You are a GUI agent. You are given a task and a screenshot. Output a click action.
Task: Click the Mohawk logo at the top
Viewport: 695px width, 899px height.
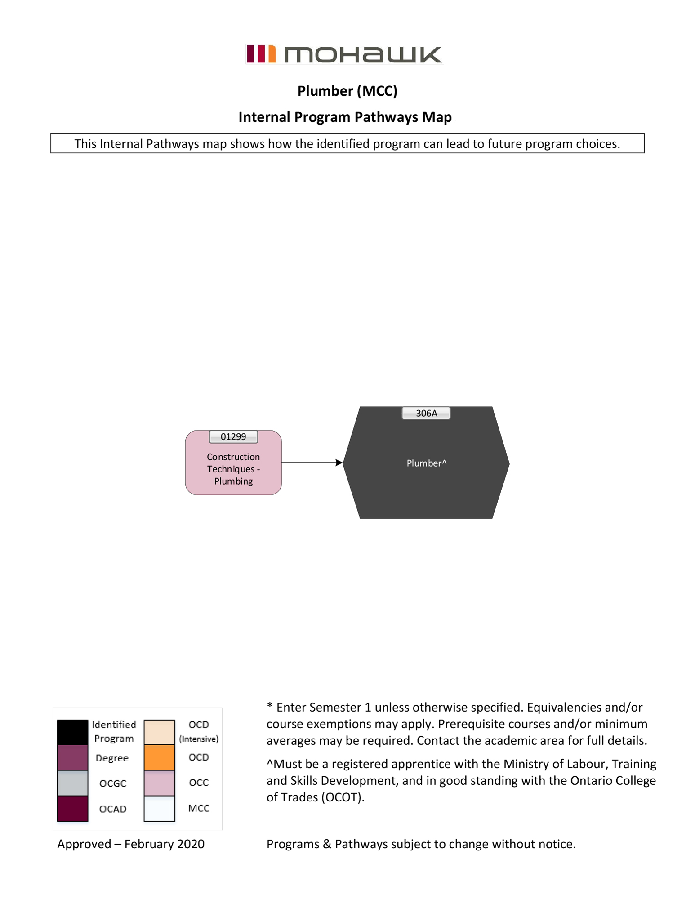tap(345, 54)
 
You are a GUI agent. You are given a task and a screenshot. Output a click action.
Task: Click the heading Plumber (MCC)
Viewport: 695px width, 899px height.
tap(347, 91)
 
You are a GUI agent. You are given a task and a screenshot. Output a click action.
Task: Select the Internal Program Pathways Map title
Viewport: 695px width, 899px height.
tap(345, 117)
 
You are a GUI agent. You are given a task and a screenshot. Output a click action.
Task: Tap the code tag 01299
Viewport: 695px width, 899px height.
tap(233, 437)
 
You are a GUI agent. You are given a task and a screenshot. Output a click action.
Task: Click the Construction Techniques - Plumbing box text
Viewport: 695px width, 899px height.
tap(233, 469)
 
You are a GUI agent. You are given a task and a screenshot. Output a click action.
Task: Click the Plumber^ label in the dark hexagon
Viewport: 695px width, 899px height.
tap(426, 463)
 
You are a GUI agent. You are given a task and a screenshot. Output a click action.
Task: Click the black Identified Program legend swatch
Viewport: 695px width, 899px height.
tap(72, 732)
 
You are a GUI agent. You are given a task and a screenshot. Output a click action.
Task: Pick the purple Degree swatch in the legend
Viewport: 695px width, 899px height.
tap(72, 758)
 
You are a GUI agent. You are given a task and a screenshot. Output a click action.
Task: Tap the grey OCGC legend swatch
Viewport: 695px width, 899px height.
tap(72, 783)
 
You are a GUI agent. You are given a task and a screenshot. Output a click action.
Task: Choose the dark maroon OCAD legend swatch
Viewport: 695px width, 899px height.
tap(72, 809)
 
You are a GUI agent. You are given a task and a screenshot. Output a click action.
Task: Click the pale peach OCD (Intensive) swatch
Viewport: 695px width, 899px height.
tap(159, 732)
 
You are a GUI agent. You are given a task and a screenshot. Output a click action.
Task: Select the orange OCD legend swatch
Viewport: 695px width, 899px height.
tap(159, 758)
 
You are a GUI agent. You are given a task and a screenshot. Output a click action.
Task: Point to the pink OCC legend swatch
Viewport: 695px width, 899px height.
tap(159, 783)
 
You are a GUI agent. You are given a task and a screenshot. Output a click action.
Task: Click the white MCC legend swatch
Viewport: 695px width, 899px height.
tap(159, 809)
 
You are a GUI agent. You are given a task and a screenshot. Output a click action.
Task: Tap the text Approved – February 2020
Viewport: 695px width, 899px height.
tap(131, 844)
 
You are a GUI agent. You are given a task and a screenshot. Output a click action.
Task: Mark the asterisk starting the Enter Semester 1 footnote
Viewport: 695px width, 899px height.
tap(270, 706)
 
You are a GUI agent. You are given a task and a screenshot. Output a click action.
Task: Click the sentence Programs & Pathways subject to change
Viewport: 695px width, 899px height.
tap(421, 844)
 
